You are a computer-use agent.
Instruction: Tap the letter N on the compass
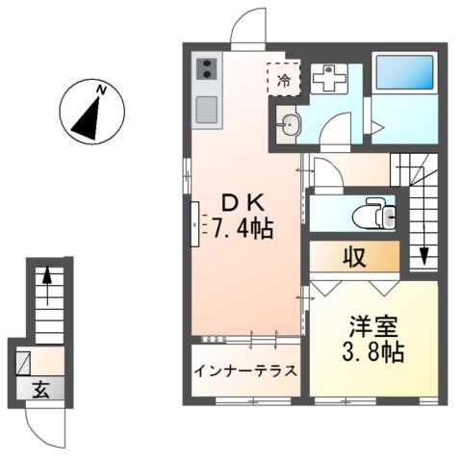[x=99, y=90]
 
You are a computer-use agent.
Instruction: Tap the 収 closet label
[x=353, y=257]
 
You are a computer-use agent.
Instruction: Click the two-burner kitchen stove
[x=208, y=69]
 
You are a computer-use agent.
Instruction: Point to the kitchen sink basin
[x=208, y=109]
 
